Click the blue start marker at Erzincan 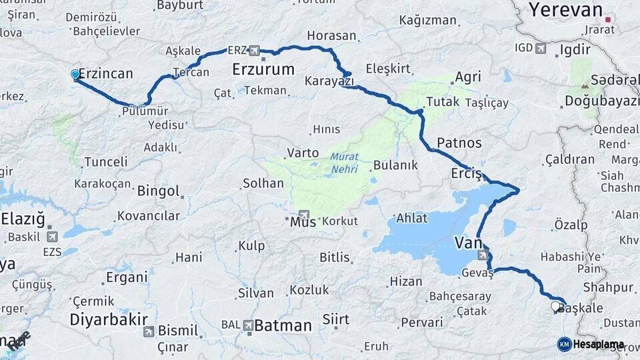coord(75,75)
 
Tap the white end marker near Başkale coord(555,307)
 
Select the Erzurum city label coord(263,69)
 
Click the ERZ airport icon coord(254,51)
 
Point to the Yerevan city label coord(565,9)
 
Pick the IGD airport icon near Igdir coord(540,49)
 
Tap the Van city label coord(468,242)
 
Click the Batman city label coord(283,326)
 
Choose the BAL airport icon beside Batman coord(248,325)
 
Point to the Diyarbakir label coord(109,319)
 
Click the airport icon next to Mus coord(305,215)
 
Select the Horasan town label coord(331,35)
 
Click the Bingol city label coord(158,191)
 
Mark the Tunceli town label coord(105,162)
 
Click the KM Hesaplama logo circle coord(565,344)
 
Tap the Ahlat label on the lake coord(412,218)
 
